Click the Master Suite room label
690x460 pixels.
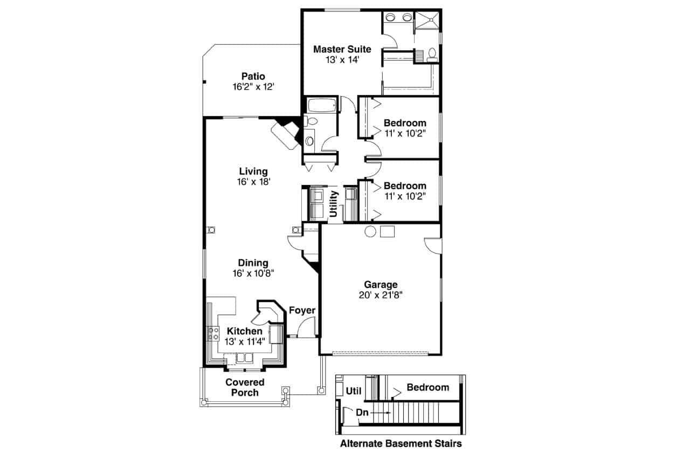(x=342, y=49)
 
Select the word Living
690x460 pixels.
(x=253, y=171)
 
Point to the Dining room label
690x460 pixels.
(x=253, y=263)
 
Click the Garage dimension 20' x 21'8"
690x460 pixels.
(x=381, y=294)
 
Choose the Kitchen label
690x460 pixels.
(x=244, y=331)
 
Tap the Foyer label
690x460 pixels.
(x=302, y=310)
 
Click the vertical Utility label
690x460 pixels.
(x=334, y=204)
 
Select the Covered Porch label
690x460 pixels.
(x=245, y=387)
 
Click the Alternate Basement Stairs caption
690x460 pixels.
(x=401, y=444)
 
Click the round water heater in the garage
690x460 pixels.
(x=370, y=231)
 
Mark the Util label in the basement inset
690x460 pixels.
(x=353, y=391)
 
